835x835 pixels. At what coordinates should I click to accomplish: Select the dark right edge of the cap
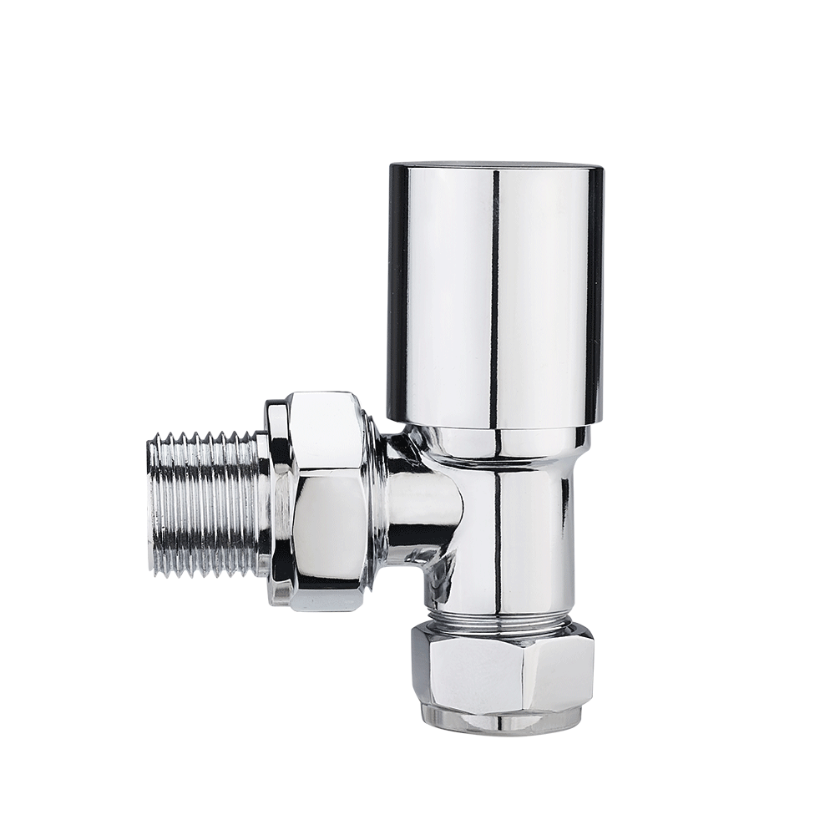point(594,292)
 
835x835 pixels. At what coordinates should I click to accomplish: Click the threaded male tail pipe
point(205,505)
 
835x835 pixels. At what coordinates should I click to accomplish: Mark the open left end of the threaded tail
point(151,505)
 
